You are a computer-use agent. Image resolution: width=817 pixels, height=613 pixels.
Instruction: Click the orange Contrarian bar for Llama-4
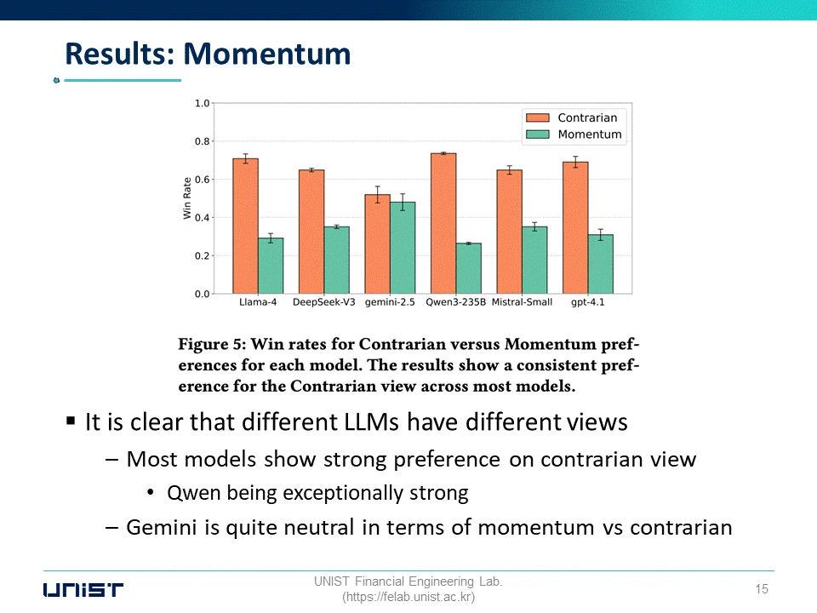pyautogui.click(x=245, y=226)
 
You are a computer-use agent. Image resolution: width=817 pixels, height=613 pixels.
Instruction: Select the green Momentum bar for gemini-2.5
pyautogui.click(x=403, y=248)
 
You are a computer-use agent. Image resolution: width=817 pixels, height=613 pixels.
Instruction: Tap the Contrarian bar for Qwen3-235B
pyautogui.click(x=443, y=224)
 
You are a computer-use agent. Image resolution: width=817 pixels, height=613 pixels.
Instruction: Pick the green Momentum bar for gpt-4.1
pyautogui.click(x=601, y=264)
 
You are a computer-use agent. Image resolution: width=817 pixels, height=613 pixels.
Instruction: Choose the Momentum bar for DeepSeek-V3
pyautogui.click(x=337, y=261)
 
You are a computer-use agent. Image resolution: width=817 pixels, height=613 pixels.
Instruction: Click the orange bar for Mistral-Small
pyautogui.click(x=510, y=232)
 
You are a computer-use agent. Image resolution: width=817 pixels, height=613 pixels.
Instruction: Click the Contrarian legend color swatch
pyautogui.click(x=538, y=117)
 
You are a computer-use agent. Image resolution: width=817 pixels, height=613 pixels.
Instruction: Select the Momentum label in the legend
pyautogui.click(x=590, y=135)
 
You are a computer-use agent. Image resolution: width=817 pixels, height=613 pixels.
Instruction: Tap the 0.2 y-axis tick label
pyautogui.click(x=203, y=256)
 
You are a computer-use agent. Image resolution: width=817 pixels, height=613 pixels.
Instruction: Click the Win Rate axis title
pyautogui.click(x=187, y=198)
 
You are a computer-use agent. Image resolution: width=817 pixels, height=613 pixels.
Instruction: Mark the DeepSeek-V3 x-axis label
pyautogui.click(x=324, y=302)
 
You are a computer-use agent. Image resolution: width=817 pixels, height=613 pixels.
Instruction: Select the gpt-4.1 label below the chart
pyautogui.click(x=588, y=302)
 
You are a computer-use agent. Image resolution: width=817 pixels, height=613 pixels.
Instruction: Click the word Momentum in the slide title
pyautogui.click(x=267, y=54)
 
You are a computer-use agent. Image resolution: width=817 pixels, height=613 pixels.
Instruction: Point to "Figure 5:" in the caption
pyautogui.click(x=212, y=344)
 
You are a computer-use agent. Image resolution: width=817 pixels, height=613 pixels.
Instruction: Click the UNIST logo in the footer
pyautogui.click(x=83, y=590)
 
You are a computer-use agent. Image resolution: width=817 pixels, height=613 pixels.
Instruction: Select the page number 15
pyautogui.click(x=762, y=589)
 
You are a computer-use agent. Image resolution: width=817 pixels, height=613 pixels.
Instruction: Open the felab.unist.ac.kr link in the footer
pyautogui.click(x=408, y=597)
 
